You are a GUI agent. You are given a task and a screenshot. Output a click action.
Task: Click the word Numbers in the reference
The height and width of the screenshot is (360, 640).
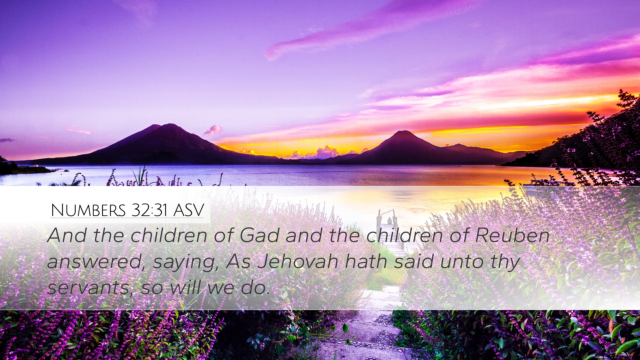pyautogui.click(x=88, y=210)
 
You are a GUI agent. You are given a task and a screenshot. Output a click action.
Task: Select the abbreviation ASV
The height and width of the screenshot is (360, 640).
pyautogui.click(x=188, y=210)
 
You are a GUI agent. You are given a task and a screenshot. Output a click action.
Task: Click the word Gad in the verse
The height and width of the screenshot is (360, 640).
pyautogui.click(x=259, y=235)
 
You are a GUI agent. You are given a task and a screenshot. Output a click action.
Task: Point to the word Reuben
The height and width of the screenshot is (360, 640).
pyautogui.click(x=512, y=235)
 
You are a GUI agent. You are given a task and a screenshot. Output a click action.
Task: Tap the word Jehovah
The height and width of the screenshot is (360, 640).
pyautogui.click(x=298, y=261)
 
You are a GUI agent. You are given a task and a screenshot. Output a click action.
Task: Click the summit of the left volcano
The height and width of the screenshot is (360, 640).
pyautogui.click(x=171, y=124)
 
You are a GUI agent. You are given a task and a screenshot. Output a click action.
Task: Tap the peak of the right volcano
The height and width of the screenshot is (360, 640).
pyautogui.click(x=404, y=131)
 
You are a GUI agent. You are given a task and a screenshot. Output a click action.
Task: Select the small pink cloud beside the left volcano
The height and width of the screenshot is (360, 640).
pyautogui.click(x=213, y=130)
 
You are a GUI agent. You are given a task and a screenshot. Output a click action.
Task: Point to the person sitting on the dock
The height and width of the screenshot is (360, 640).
pyautogui.click(x=389, y=221)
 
